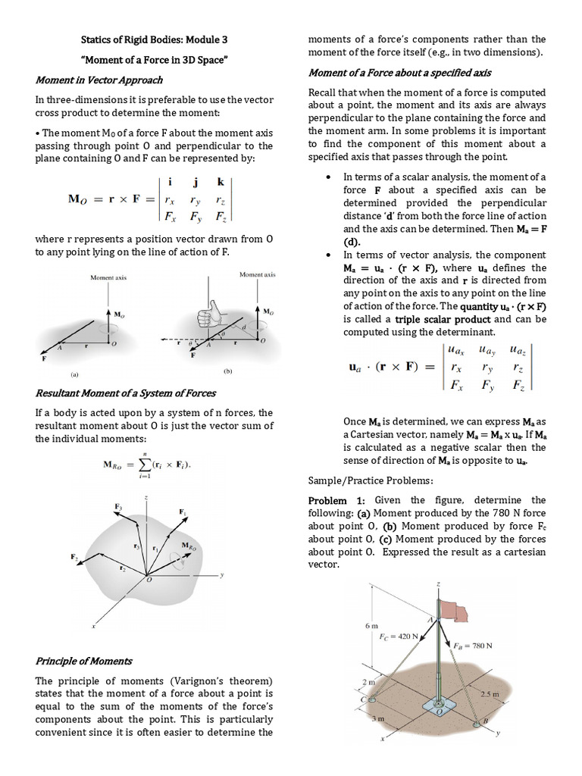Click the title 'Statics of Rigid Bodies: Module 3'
[x=153, y=39]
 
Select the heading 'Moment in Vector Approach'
[x=99, y=80]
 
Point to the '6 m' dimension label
[x=371, y=625]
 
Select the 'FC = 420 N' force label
[x=399, y=637]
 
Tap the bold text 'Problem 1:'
[x=336, y=501]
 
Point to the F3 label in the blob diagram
[x=118, y=505]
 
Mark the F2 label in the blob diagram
[x=75, y=557]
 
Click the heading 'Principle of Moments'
[x=83, y=661]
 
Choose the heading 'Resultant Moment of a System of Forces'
[x=125, y=393]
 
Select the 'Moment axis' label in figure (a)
[x=108, y=277]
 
